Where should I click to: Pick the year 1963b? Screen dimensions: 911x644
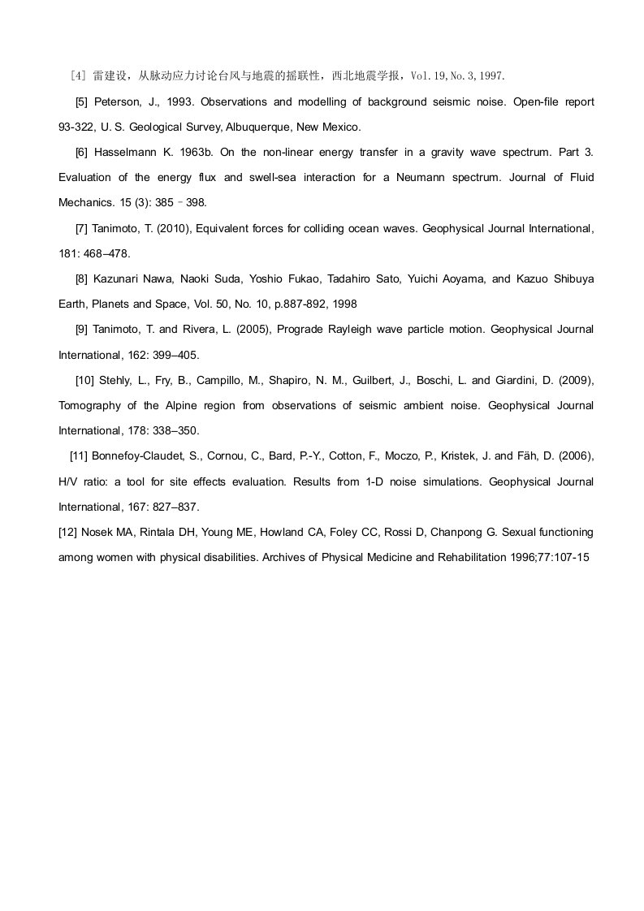coord(192,153)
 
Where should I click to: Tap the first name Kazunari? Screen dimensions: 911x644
coord(119,279)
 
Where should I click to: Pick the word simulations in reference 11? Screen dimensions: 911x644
coord(450,481)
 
